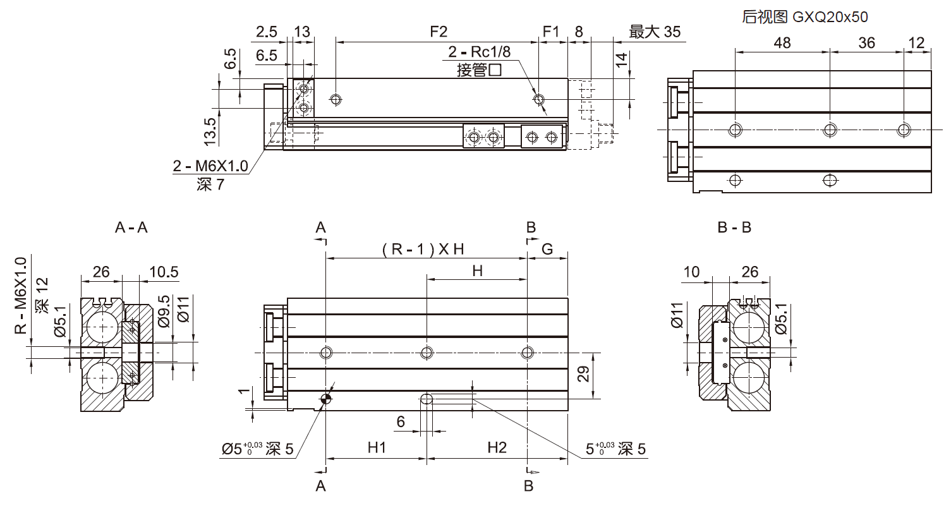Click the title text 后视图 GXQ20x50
coord(805,17)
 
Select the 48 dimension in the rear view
coord(782,42)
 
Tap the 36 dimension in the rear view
coord(867,42)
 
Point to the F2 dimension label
coord(438,32)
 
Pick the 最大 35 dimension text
coord(655,32)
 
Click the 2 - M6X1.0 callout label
coord(210,167)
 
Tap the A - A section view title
coord(131,227)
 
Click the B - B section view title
coord(734,227)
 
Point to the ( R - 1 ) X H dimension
coord(423,249)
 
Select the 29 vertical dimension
coord(584,375)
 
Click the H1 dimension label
coord(377,448)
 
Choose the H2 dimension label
coord(497,448)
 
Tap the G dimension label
coord(547,249)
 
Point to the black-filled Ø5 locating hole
coord(326,398)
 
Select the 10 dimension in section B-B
coord(692,272)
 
